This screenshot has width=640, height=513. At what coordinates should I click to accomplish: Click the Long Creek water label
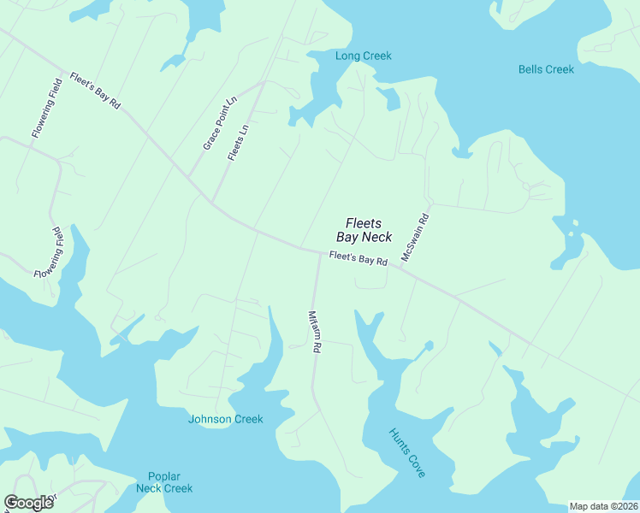coord(363,56)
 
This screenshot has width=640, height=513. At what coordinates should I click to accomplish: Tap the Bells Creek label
coord(546,69)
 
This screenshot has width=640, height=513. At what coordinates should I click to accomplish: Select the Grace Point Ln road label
coord(219,125)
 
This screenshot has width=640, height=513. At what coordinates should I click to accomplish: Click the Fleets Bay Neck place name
coord(364,229)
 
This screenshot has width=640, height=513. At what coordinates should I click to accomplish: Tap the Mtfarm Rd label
coord(313,331)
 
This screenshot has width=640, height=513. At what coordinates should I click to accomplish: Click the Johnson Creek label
coord(225,419)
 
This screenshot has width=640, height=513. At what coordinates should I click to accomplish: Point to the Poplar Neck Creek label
coord(164,482)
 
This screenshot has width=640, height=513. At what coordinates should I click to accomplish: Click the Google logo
coord(28,503)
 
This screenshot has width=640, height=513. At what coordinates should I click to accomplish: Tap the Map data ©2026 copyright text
coord(603,506)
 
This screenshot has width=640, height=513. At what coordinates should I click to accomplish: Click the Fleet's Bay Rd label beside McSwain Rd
coord(359,257)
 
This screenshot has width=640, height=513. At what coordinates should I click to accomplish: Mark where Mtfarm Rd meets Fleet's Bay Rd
coord(320,251)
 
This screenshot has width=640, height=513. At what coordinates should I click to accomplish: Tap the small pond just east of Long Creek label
coord(391,99)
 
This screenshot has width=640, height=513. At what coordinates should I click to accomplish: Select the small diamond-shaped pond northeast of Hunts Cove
coord(428,345)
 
